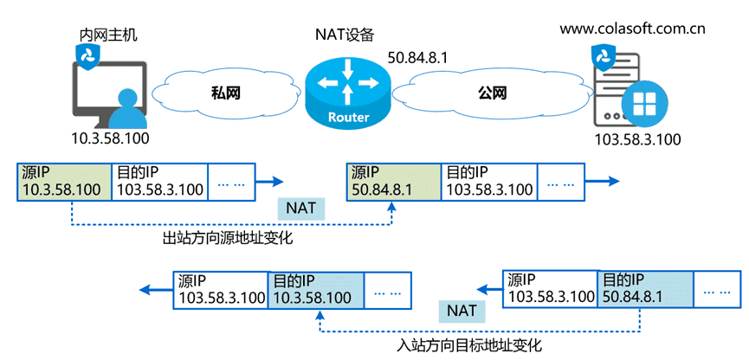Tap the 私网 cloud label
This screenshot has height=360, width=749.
[x=226, y=93]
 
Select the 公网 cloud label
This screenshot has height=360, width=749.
[x=492, y=93]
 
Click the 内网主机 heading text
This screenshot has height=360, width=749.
[x=108, y=35]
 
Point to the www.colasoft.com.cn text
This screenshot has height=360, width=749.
[x=632, y=29]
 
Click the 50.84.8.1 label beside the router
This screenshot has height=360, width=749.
[x=417, y=58]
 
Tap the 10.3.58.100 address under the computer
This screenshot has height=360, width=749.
[x=110, y=138]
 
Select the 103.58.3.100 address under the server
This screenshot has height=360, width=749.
[x=637, y=139]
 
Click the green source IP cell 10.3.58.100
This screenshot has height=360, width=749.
[x=64, y=182]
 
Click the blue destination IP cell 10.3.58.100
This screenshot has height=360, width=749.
[x=316, y=290]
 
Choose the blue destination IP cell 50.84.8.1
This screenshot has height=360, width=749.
[x=645, y=290]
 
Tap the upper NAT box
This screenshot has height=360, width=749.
[x=301, y=209]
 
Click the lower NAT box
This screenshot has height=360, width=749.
[x=462, y=311]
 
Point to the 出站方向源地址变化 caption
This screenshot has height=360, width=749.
[x=228, y=237]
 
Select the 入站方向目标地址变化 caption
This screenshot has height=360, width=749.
[x=469, y=344]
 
